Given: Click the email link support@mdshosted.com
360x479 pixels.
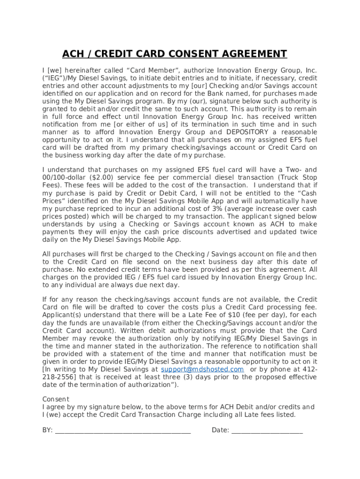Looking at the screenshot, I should coord(202,370).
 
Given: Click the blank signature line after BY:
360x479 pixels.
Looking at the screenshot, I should coord(122,430).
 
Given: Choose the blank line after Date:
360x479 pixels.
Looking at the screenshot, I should coord(267,430).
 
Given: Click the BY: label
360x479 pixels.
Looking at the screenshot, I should coord(47,430).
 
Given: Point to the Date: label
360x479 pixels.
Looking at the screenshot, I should coord(220,430).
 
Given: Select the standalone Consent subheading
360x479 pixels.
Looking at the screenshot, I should coord(56,399).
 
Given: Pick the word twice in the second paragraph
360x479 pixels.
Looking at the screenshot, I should coord(308,232).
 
